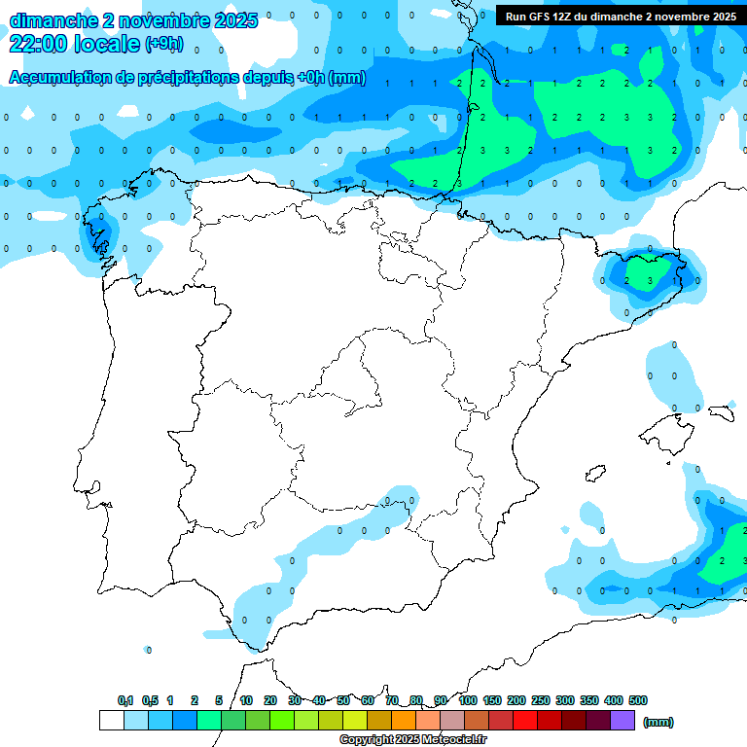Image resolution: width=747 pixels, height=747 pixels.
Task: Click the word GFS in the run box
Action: (540, 17)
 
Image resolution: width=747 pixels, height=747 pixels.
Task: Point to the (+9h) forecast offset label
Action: (163, 43)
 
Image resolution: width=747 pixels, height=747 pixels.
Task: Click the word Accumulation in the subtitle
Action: (56, 78)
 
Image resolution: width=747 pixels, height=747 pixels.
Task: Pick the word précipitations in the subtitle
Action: (186, 78)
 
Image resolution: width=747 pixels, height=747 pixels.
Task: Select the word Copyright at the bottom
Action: (365, 740)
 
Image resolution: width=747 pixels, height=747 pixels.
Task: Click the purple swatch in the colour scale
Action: (622, 721)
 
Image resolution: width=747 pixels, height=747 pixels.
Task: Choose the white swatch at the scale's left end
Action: (111, 721)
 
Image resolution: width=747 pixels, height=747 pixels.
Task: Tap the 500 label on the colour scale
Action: (638, 700)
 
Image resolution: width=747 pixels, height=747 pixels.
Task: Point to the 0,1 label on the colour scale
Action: (125, 700)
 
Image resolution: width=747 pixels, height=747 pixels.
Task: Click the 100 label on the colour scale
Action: (468, 700)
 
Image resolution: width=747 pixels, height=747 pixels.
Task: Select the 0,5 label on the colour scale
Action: (150, 700)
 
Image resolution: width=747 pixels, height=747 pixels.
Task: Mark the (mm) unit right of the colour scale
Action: (658, 722)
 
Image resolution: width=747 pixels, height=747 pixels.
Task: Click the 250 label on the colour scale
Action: (541, 700)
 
